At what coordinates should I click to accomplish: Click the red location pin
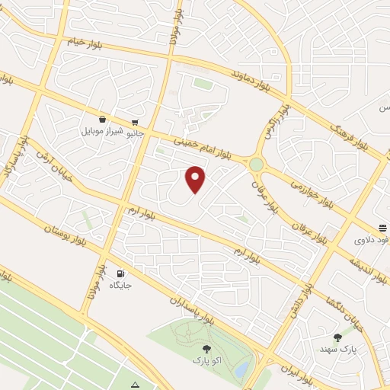pos(196,179)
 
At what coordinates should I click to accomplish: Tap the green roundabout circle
pos(256,164)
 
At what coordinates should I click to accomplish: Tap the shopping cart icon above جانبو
pos(134,122)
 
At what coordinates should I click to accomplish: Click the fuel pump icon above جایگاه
pos(120,273)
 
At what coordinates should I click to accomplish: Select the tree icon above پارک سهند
pos(337,337)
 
